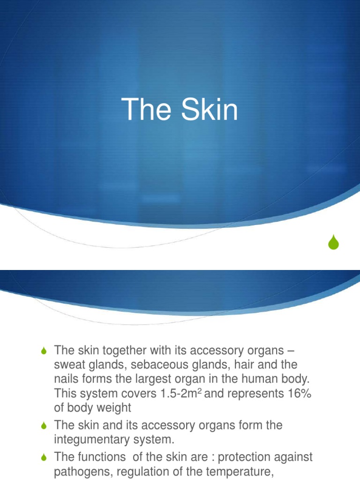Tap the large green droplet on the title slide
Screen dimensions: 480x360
tap(333, 242)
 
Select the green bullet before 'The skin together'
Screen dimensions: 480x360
tap(45, 351)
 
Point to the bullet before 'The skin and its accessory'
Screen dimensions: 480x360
tap(45, 426)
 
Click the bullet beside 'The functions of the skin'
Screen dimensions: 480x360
tap(45, 457)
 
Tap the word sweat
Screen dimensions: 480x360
tap(70, 365)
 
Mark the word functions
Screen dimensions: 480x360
tap(103, 457)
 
